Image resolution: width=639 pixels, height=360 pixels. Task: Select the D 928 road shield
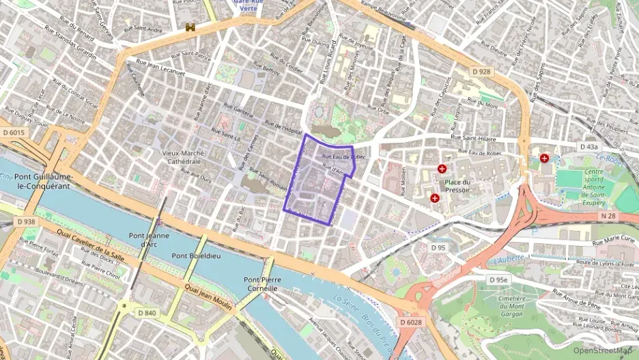pyautogui.click(x=481, y=70)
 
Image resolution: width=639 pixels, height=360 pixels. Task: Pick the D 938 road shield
pyautogui.click(x=25, y=222)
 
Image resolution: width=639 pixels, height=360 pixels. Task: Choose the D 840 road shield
pyautogui.click(x=147, y=313)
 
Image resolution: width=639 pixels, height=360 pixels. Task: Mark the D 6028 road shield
pyautogui.click(x=411, y=322)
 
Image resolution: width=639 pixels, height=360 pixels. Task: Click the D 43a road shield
pyautogui.click(x=588, y=146)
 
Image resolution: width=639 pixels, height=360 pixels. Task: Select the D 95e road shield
pyautogui.click(x=498, y=279)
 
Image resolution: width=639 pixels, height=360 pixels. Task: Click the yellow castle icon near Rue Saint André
pyautogui.click(x=190, y=27)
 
